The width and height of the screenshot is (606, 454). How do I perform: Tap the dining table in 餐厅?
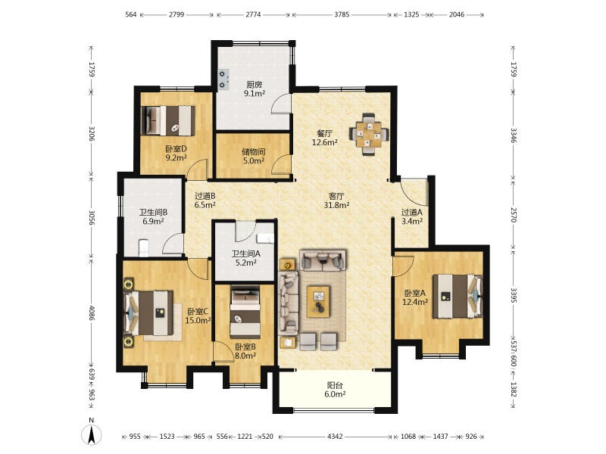369,135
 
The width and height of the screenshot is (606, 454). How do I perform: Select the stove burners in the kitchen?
223,79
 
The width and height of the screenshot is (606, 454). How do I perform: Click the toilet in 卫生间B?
143,248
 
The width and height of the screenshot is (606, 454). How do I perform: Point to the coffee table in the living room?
318,301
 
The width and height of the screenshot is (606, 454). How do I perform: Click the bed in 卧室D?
168,120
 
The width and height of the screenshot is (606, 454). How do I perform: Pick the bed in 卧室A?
458,296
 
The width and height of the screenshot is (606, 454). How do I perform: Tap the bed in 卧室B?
245,312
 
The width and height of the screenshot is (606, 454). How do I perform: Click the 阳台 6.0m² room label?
335,390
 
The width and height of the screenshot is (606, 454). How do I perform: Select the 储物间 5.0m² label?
253,156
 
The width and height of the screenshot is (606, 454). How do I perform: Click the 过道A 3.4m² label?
411,216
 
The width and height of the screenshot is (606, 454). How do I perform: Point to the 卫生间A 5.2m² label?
245,258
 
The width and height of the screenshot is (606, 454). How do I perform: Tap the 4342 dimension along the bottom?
335,437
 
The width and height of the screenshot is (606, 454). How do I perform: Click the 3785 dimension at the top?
342,14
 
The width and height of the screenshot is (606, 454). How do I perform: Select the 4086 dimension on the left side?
92,313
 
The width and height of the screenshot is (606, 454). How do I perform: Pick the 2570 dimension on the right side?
514,215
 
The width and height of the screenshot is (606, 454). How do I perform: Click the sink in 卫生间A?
265,238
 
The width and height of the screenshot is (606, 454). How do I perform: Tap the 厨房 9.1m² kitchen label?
255,89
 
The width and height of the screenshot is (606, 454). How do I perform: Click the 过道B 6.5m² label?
205,201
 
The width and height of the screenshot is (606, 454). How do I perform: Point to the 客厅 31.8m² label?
336,201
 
